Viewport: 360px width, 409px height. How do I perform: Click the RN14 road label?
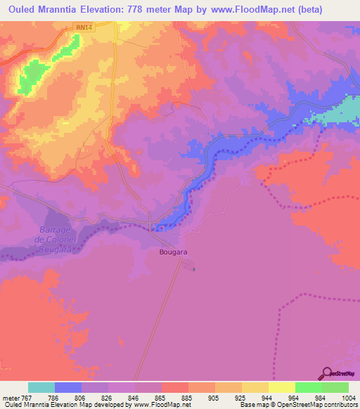(84, 27)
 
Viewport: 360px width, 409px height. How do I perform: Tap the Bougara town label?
(173, 251)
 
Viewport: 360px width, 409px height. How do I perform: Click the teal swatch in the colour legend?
(41, 387)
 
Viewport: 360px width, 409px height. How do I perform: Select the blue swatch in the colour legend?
(68, 387)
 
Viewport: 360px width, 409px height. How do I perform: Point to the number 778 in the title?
(145, 10)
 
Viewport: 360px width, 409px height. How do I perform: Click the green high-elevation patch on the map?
(27, 79)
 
